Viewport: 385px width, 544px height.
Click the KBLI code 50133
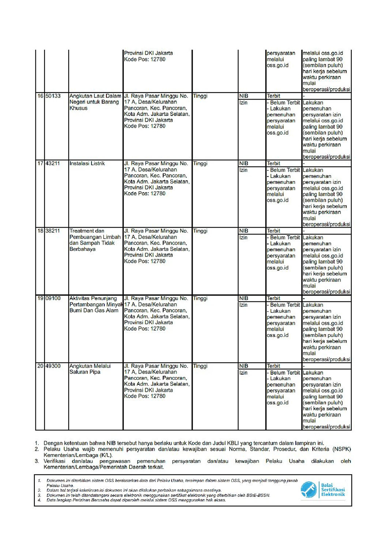coord(53,96)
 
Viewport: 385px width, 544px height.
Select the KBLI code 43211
coord(53,164)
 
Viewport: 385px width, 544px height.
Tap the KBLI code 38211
coord(53,231)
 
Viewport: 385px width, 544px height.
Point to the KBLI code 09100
coord(53,299)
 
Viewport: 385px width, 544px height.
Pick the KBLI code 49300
coord(53,366)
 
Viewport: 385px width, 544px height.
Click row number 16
coord(40,96)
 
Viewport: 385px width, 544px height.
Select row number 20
coord(40,366)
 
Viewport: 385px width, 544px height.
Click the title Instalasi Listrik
coord(87,164)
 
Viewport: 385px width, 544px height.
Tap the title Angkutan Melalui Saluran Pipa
coord(90,369)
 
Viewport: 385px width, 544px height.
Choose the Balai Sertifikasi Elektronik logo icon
coord(308,489)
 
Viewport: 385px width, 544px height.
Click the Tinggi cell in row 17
coord(200,164)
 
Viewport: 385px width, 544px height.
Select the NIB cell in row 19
coord(244,299)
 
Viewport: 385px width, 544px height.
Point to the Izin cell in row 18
coord(244,237)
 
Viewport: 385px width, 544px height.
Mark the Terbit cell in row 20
coord(273,366)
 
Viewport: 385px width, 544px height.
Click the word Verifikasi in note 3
coord(54,461)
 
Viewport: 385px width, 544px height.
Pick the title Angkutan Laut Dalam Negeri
coord(95,99)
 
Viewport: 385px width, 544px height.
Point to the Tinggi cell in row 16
coord(200,96)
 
